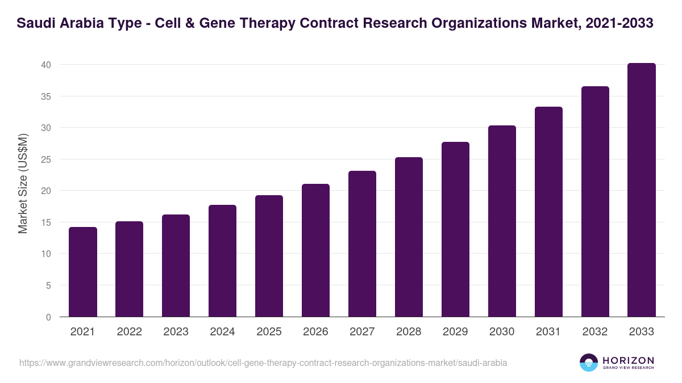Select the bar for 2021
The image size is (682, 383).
(x=83, y=272)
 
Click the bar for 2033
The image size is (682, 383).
(x=642, y=190)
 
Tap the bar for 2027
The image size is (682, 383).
(x=363, y=244)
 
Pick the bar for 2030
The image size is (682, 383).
(x=502, y=221)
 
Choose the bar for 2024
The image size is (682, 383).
(x=223, y=261)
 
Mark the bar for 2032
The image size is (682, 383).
(x=595, y=201)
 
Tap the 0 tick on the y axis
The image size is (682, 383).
(x=49, y=317)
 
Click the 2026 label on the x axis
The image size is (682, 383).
(x=315, y=332)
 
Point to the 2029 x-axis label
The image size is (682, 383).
(x=455, y=332)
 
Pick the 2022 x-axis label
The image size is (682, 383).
(x=130, y=332)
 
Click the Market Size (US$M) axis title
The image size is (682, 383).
(x=23, y=183)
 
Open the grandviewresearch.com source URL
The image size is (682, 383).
(x=263, y=363)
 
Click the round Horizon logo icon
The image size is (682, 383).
(x=589, y=363)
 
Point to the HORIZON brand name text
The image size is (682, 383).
(x=628, y=360)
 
